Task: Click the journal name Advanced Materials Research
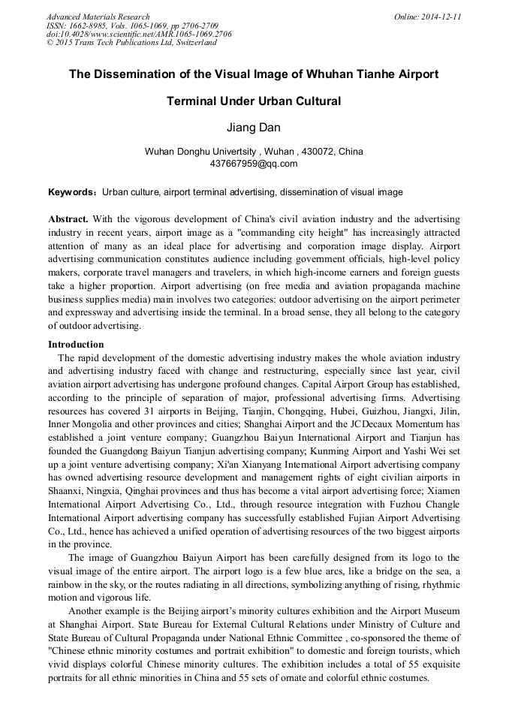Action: (98, 17)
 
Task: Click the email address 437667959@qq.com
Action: (254, 163)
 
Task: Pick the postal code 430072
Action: (298, 152)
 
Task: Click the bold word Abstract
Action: (68, 218)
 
